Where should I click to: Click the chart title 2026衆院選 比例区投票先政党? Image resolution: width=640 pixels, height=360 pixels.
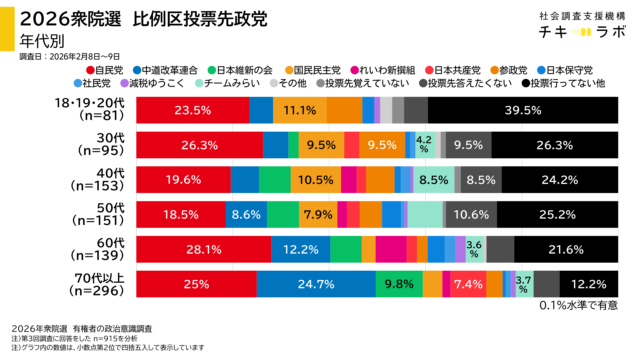[x=135, y=17]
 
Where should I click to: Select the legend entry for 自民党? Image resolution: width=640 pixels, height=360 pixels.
[x=103, y=70]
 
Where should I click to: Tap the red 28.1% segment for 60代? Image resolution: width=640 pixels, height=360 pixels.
[x=202, y=249]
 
